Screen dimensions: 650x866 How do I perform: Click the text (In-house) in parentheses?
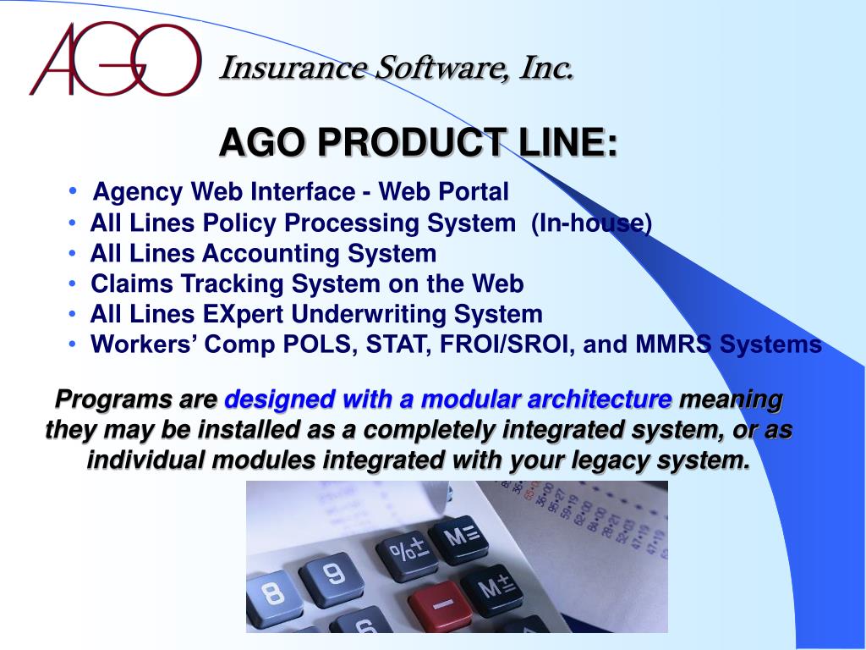click(x=591, y=223)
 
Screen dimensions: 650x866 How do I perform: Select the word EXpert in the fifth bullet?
click(x=244, y=315)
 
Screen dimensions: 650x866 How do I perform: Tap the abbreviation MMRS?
click(x=666, y=345)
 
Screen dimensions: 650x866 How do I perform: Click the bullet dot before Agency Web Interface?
click(x=74, y=191)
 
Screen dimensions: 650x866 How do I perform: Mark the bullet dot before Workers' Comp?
click(x=74, y=344)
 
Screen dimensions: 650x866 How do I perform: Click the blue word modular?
click(x=470, y=399)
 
